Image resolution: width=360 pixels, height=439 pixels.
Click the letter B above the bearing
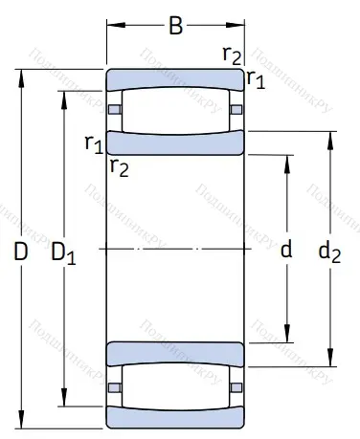175,25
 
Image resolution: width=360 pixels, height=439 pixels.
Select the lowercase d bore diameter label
284,252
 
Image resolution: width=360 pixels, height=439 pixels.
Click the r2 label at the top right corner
232,54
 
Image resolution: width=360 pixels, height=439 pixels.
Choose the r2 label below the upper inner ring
119,168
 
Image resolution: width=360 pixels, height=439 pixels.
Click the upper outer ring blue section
174,77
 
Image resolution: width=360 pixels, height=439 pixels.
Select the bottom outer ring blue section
174,418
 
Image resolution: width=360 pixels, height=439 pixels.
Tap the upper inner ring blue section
174,143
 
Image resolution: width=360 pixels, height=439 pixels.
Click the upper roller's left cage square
115,109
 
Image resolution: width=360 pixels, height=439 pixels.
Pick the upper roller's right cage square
236,109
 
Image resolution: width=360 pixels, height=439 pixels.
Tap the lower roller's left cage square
115,386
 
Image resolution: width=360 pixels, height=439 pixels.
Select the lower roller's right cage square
236,386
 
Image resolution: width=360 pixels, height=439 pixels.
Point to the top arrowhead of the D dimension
21,73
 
